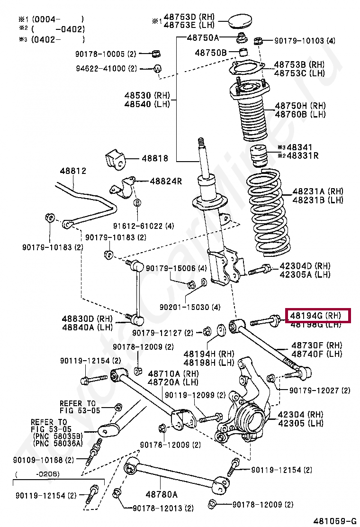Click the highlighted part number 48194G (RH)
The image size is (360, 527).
316,315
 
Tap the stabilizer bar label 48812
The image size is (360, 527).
73,171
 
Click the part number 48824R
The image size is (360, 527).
166,181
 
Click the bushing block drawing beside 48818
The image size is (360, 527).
116,160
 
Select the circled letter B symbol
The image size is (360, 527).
137,203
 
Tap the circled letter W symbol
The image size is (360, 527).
157,69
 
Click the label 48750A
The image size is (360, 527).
203,37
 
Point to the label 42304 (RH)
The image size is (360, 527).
300,415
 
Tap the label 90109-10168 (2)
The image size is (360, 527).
44,460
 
